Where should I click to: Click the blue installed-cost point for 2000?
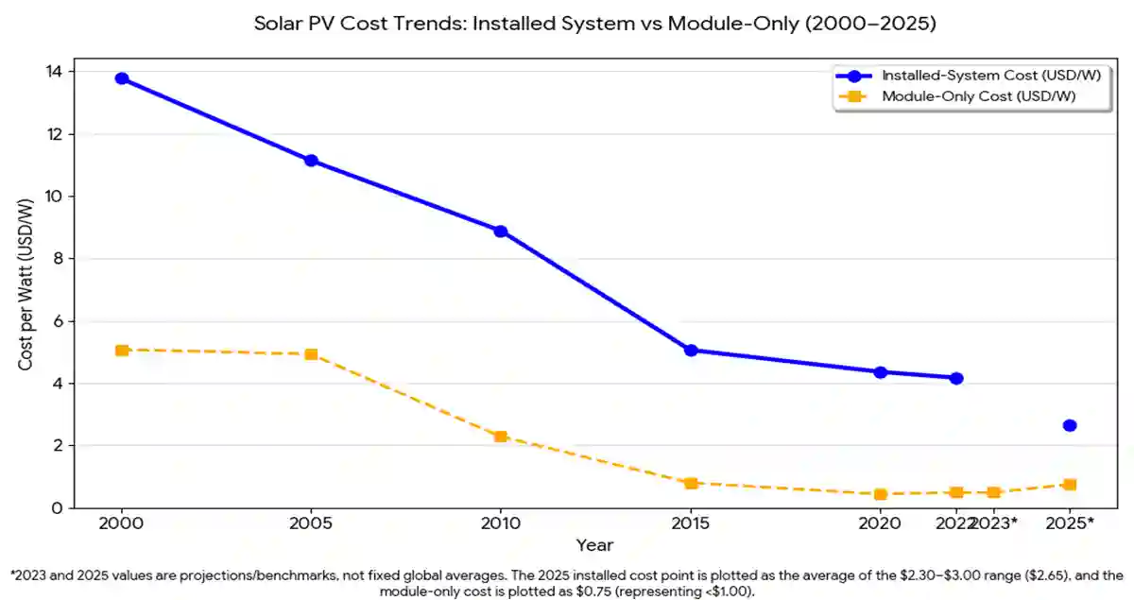tap(122, 78)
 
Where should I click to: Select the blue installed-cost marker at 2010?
tap(501, 231)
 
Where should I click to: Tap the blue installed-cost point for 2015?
tap(691, 351)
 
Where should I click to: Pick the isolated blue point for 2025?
tap(1070, 426)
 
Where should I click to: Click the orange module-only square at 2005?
tap(311, 354)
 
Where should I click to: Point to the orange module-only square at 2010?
tap(501, 437)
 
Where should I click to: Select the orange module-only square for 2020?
tap(880, 494)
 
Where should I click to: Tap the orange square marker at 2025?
tap(1070, 485)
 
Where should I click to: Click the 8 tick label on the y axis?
tap(58, 259)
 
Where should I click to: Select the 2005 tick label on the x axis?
tap(311, 522)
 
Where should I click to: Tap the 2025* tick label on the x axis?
tap(1070, 522)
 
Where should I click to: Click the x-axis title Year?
tap(595, 545)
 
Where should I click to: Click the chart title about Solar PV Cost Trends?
tap(595, 24)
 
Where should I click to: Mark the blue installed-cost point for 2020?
tap(880, 372)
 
